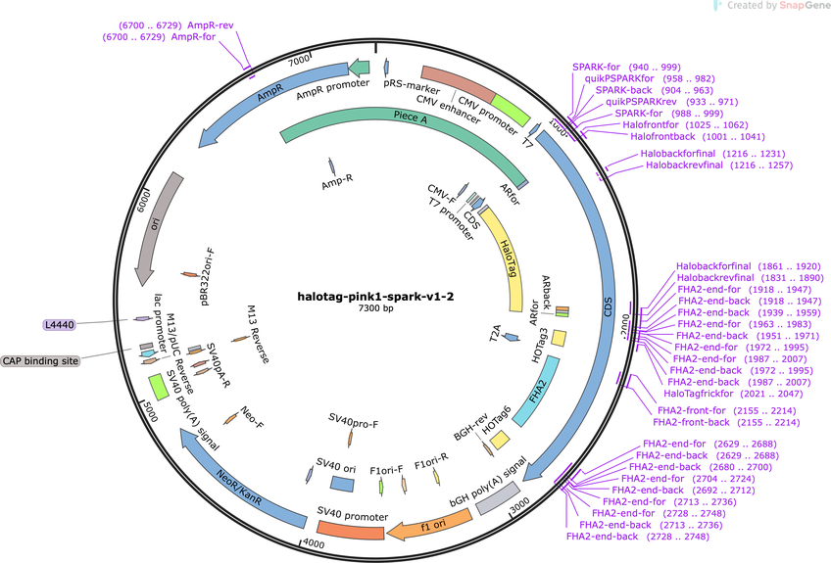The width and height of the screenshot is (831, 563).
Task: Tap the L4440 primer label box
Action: click(61, 324)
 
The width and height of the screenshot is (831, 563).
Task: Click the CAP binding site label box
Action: click(40, 360)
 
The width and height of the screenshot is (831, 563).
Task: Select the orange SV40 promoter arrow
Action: click(349, 528)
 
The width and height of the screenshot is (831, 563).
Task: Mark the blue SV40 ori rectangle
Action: click(342, 484)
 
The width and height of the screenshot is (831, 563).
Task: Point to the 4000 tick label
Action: click(312, 542)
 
